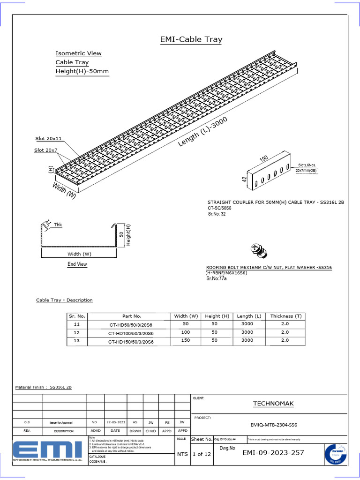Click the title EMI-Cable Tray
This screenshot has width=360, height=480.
tap(191, 40)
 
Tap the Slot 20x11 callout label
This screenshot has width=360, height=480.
tap(49, 139)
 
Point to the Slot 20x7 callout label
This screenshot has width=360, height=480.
tap(46, 150)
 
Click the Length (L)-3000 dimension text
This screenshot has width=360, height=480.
tap(202, 132)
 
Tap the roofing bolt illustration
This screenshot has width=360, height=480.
tap(258, 251)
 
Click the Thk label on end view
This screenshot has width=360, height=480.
tap(58, 225)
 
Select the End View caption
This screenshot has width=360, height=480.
tap(77, 264)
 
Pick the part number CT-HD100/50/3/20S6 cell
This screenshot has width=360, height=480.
tap(131, 333)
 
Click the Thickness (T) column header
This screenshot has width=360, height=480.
tap(286, 316)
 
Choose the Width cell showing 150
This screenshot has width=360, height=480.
tap(186, 341)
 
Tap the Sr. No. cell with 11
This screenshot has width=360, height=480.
tap(77, 324)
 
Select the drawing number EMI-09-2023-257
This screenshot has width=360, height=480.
tap(273, 453)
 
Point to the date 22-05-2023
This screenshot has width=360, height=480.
tap(115, 422)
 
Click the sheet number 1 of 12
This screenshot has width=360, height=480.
tap(201, 454)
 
